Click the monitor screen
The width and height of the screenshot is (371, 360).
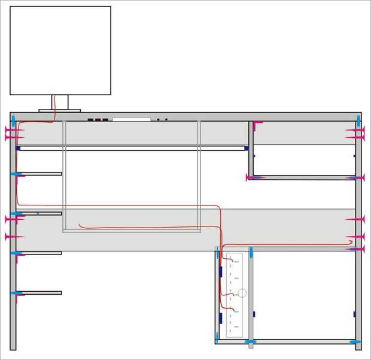coord(60,50)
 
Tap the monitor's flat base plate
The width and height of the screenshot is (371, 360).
coord(60,110)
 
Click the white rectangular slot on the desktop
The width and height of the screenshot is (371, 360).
coord(131,119)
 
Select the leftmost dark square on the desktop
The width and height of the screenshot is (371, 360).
coord(91,119)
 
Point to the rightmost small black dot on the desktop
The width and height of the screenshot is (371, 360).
coord(166,120)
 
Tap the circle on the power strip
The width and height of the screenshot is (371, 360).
coord(242,293)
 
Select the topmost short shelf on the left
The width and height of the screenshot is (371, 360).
coord(39,174)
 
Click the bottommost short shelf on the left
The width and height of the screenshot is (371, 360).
coord(39,293)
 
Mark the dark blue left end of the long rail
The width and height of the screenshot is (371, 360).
coord(18,148)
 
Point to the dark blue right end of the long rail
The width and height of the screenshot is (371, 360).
coord(246,148)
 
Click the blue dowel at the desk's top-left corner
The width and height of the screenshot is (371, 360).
coord(13,120)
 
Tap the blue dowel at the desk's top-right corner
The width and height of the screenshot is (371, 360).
coord(358,120)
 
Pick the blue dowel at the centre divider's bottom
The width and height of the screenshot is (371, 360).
coord(251,341)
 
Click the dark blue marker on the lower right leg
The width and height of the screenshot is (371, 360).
coord(354,314)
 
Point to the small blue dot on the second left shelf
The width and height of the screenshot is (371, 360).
coord(37,213)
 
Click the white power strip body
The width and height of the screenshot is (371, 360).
coord(234,295)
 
